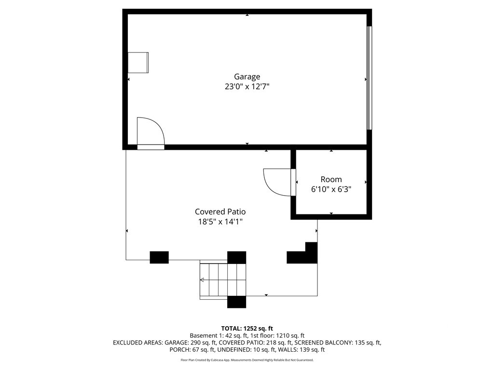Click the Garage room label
(x=247, y=77)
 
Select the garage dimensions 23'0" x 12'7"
(x=247, y=87)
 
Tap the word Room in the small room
(x=331, y=179)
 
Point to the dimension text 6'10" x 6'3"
(x=331, y=189)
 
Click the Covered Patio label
(x=220, y=212)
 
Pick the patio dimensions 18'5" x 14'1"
(x=220, y=222)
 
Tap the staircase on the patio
(x=222, y=279)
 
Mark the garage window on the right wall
(x=369, y=78)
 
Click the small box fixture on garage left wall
(x=138, y=63)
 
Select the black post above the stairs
(x=236, y=257)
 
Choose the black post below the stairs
(x=236, y=302)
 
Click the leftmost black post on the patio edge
(x=159, y=257)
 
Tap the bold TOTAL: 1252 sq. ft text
(x=247, y=329)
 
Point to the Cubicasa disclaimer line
(x=247, y=360)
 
